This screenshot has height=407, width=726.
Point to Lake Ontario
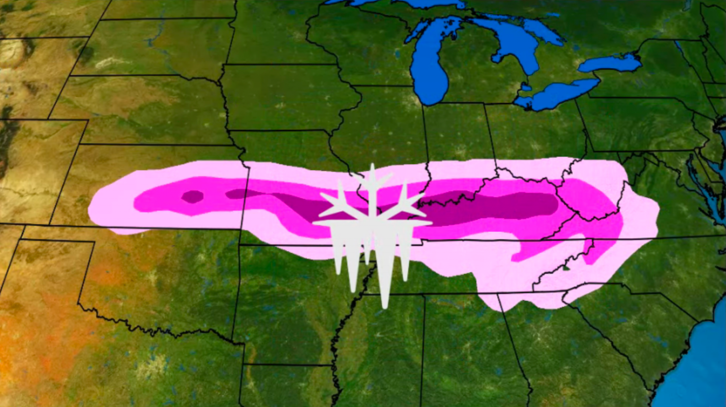pos(611,63)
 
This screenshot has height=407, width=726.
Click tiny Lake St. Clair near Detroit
pos(526,87)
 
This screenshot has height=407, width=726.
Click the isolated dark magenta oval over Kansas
pos(193,196)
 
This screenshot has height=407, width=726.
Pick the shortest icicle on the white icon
pos(368,253)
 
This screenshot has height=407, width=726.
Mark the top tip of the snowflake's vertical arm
pos(372,165)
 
